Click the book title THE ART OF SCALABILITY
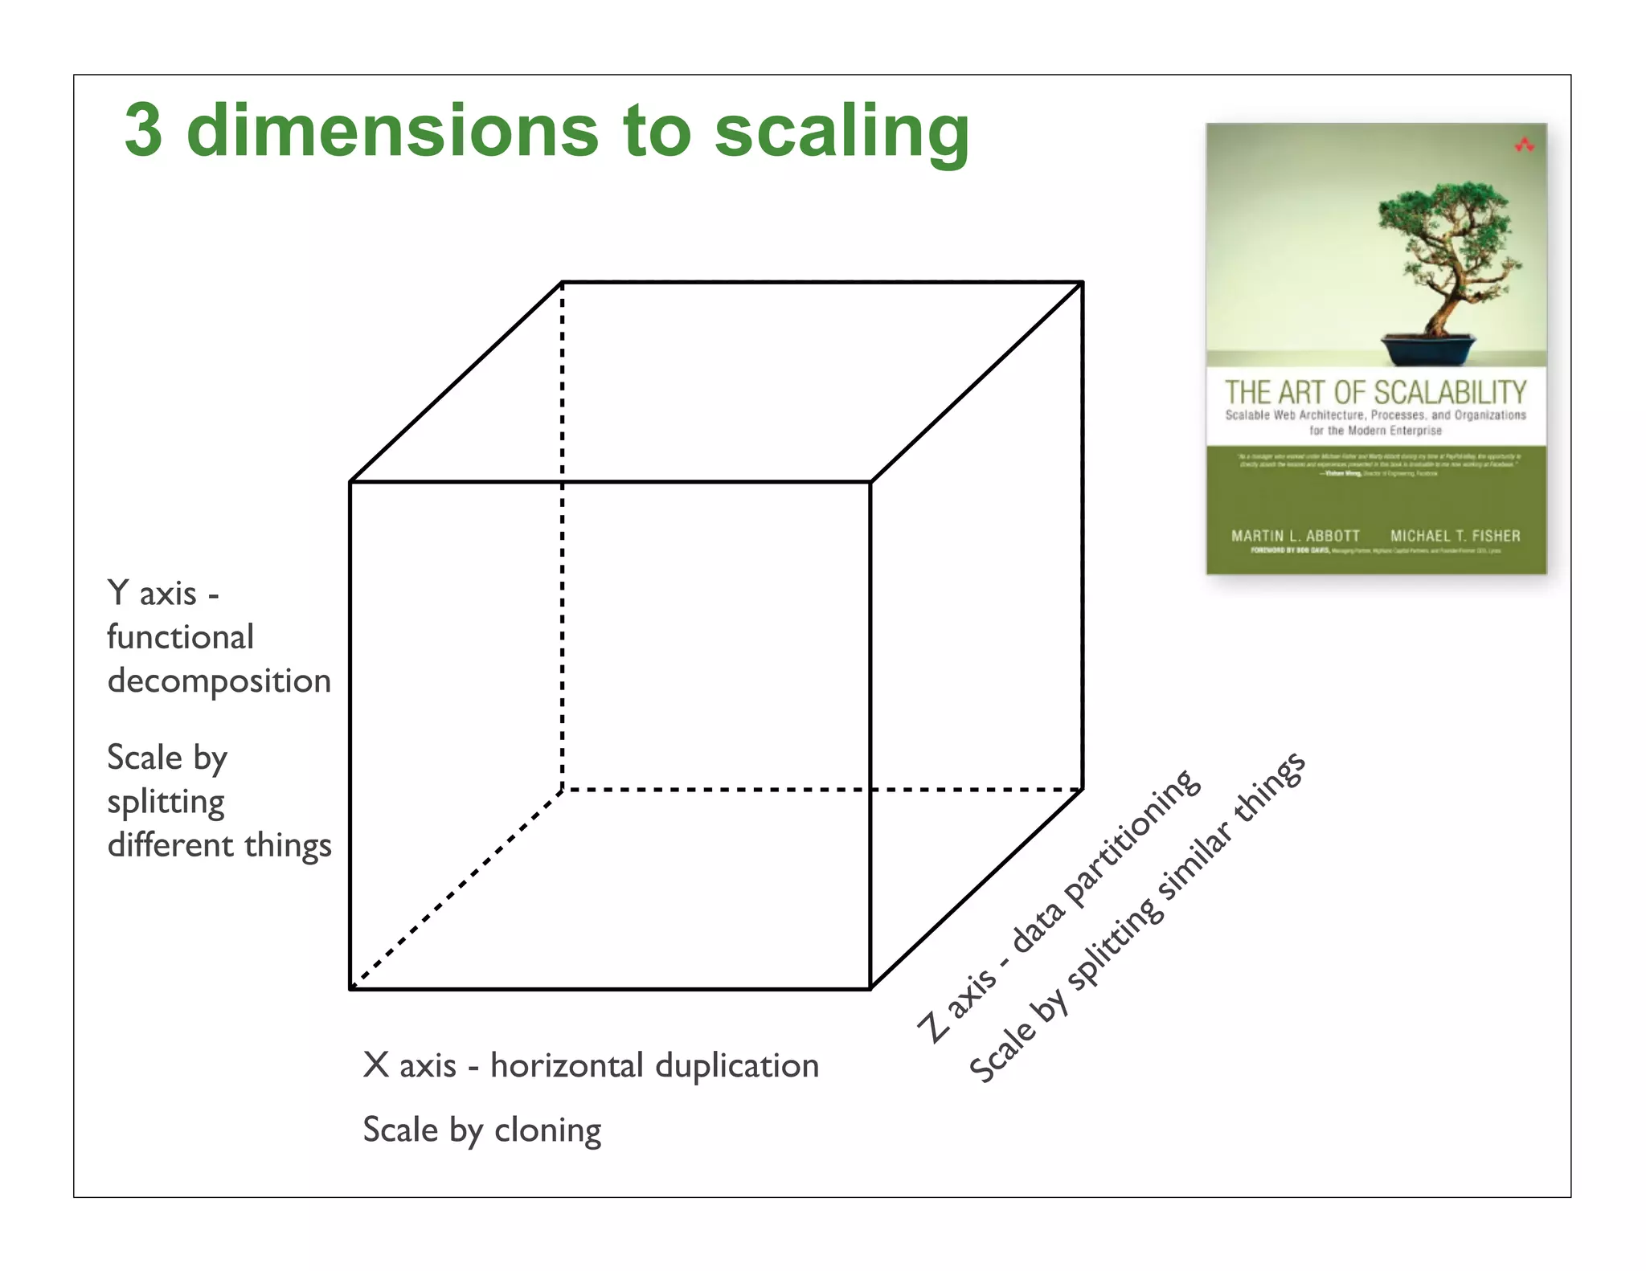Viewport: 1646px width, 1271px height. click(x=1375, y=393)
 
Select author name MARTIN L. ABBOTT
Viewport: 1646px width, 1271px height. click(x=1296, y=536)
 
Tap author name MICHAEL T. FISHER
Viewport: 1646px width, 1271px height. click(x=1455, y=536)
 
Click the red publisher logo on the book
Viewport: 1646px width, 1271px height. click(x=1524, y=145)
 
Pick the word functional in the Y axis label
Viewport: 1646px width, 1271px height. click(x=180, y=637)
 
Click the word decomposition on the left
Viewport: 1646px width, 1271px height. click(x=219, y=681)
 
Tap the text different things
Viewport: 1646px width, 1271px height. click(x=219, y=845)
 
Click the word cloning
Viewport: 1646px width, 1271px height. click(x=547, y=1130)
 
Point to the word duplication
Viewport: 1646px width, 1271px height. click(x=737, y=1066)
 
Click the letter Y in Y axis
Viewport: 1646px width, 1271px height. click(x=118, y=593)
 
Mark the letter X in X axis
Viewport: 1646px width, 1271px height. click(x=376, y=1065)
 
